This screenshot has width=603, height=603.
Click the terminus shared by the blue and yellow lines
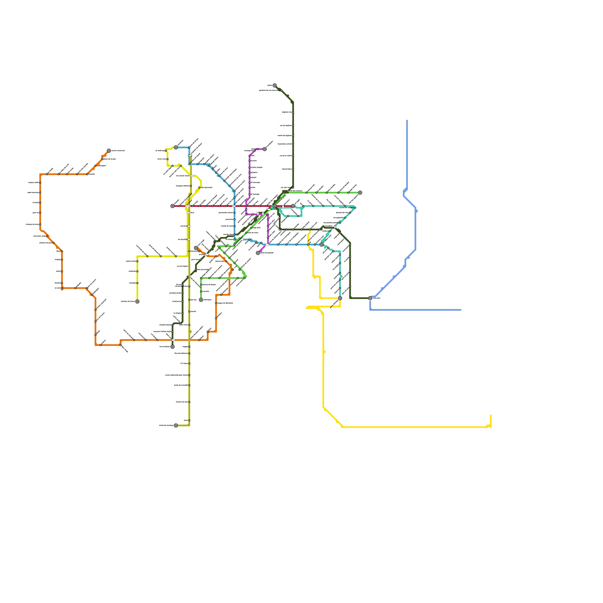coord(176,147)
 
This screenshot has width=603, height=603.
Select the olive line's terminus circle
coord(176,425)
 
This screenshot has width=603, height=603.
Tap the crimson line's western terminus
coord(173,206)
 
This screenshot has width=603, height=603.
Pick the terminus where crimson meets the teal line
coord(293,206)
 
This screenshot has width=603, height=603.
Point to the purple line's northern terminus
coord(265,149)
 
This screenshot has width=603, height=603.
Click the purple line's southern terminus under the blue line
coord(258,253)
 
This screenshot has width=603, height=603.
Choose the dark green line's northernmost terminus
coord(275,86)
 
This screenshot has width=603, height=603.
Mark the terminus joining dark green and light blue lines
coord(370,298)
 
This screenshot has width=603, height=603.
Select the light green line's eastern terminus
coord(360,193)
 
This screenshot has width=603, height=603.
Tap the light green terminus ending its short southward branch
coord(201,300)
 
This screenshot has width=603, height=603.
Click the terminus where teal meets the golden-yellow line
coord(340,298)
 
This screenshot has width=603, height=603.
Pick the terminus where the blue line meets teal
coord(321,245)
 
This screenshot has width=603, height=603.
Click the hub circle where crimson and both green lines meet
coord(275,206)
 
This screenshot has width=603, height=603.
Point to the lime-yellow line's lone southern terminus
coord(137,301)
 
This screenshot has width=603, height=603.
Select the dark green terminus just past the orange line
coord(173,347)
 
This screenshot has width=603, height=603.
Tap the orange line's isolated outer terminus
coord(109,151)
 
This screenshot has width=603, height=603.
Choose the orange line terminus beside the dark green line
coord(196,248)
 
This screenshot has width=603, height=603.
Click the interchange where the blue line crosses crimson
coord(234,206)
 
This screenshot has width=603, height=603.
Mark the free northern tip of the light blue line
coord(407,121)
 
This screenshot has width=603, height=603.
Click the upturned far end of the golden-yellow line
coord(491,415)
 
